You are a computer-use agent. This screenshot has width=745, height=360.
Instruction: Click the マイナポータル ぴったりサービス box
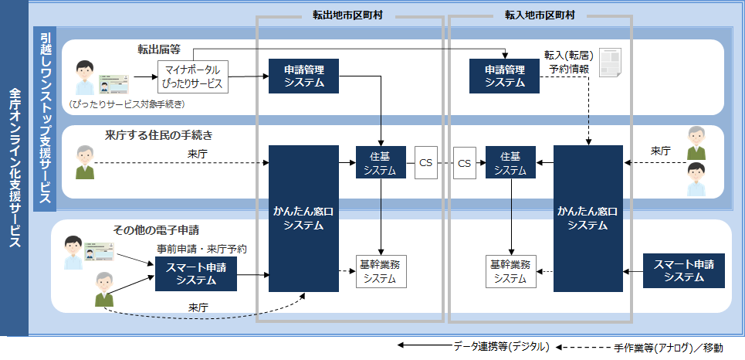[x=193, y=76]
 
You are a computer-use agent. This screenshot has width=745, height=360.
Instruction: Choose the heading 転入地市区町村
[x=539, y=15]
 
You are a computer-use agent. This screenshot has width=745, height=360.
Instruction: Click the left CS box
[x=425, y=163]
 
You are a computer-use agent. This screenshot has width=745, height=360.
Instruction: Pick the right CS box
[x=464, y=163]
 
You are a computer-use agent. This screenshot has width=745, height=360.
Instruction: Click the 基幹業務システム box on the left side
[x=381, y=270]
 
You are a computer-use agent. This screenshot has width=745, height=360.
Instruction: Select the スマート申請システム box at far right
[x=684, y=270]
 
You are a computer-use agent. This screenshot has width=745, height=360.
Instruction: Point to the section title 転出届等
[x=159, y=49]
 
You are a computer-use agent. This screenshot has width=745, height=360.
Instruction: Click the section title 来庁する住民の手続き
[x=158, y=135]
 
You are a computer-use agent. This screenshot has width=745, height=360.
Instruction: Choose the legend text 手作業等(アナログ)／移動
[x=669, y=348]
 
